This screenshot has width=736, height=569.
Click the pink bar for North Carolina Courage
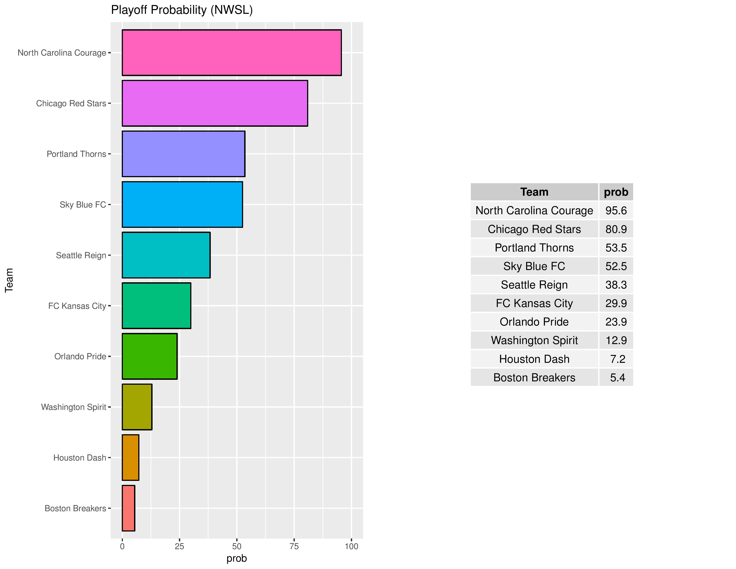tap(232, 53)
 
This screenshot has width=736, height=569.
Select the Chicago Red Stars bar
tap(215, 103)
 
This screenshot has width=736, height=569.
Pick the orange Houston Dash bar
tap(130, 457)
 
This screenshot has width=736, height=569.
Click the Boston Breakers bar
tap(128, 508)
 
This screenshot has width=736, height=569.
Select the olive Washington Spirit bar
tap(137, 407)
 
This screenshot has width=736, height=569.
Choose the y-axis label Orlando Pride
tap(80, 356)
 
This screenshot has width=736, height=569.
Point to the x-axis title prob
tap(237, 558)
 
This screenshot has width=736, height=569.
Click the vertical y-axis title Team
tap(9, 280)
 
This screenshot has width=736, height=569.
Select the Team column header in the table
tap(534, 192)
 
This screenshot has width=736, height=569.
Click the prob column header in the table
tap(616, 192)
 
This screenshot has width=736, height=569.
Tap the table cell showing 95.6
tap(616, 210)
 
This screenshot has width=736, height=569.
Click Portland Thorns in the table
tap(534, 248)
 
